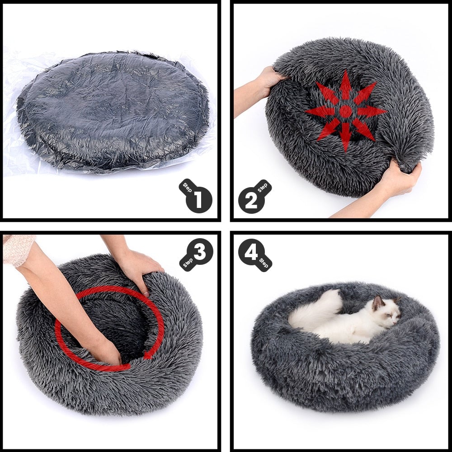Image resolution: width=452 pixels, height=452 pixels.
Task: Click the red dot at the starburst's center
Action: click(x=346, y=111)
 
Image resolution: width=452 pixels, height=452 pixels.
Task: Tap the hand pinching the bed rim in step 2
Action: click(x=398, y=179)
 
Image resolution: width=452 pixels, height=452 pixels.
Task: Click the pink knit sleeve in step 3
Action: click(x=18, y=249)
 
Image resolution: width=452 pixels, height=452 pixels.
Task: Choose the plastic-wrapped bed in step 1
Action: click(x=113, y=111)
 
